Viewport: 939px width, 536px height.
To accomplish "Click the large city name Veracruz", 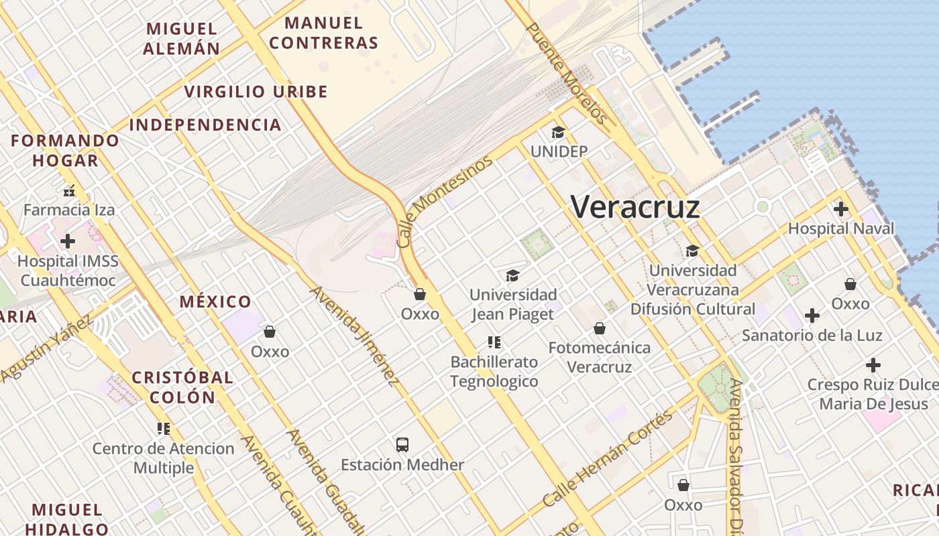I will click(x=635, y=206).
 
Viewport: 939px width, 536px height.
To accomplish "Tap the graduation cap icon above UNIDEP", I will click(x=558, y=132).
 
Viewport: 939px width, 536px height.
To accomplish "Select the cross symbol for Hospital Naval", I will click(x=840, y=209).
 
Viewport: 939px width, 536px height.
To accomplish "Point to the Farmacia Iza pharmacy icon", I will click(x=69, y=191).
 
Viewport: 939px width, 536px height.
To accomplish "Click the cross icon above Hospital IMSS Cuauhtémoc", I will click(x=68, y=241).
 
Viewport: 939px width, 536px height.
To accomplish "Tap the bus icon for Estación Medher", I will click(x=402, y=444).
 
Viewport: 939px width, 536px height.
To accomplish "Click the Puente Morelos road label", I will click(x=567, y=74).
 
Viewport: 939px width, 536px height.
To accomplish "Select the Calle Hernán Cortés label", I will click(x=607, y=459).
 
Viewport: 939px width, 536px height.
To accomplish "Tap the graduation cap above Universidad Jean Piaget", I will click(x=512, y=275).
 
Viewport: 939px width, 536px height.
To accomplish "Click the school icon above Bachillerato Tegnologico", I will click(x=494, y=343).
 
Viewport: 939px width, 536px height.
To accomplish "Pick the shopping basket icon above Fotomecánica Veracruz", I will click(x=600, y=328).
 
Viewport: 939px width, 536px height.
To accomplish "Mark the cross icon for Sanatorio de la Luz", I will click(x=812, y=315).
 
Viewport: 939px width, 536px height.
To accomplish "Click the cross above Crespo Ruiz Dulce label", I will click(x=873, y=365).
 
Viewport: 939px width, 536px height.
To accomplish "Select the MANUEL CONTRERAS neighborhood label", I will click(x=324, y=33).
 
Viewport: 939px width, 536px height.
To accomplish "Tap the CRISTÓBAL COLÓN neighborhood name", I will click(x=182, y=387).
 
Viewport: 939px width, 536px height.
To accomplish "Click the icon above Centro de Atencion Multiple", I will click(x=164, y=428).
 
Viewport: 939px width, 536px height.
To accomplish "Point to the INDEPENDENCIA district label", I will click(x=205, y=125).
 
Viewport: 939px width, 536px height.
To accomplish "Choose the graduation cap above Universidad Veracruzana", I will click(x=692, y=251).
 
